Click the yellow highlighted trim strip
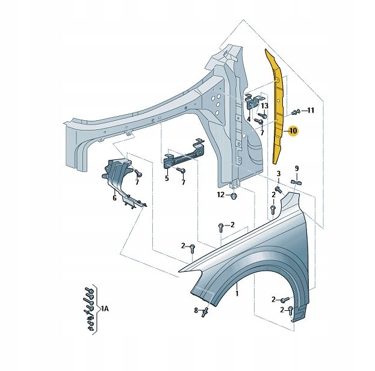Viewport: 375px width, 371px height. point(278,108)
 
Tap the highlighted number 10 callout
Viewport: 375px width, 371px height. point(293,130)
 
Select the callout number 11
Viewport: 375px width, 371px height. point(311,110)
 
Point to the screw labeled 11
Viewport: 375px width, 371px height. point(296,112)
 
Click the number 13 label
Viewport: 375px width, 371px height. point(264,106)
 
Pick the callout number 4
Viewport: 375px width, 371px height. point(248,118)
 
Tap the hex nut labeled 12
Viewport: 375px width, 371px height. point(235,195)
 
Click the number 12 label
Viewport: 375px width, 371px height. point(221,195)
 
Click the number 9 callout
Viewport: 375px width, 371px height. point(297,168)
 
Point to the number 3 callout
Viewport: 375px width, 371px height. point(279,174)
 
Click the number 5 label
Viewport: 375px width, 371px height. point(167,178)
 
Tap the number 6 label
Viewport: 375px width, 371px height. point(114,197)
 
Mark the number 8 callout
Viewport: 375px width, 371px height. point(196,310)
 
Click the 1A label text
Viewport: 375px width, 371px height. point(104,308)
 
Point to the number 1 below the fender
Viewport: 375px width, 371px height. point(237,293)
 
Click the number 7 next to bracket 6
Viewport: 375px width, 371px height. point(137,182)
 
